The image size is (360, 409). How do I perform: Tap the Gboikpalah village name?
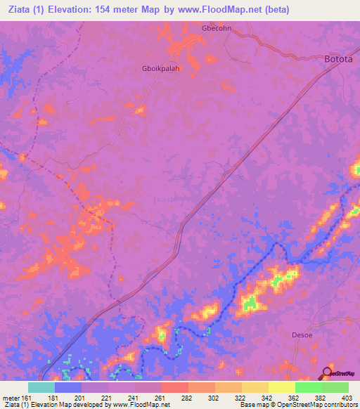coord(161,69)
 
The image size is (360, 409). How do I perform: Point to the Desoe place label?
coord(303,335)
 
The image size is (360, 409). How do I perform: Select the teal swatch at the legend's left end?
coord(41,387)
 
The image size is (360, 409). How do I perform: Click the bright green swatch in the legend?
coord(308,387)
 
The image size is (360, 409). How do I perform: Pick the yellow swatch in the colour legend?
coord(281,387)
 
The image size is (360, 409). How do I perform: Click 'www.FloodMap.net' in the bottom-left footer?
coord(141,405)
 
